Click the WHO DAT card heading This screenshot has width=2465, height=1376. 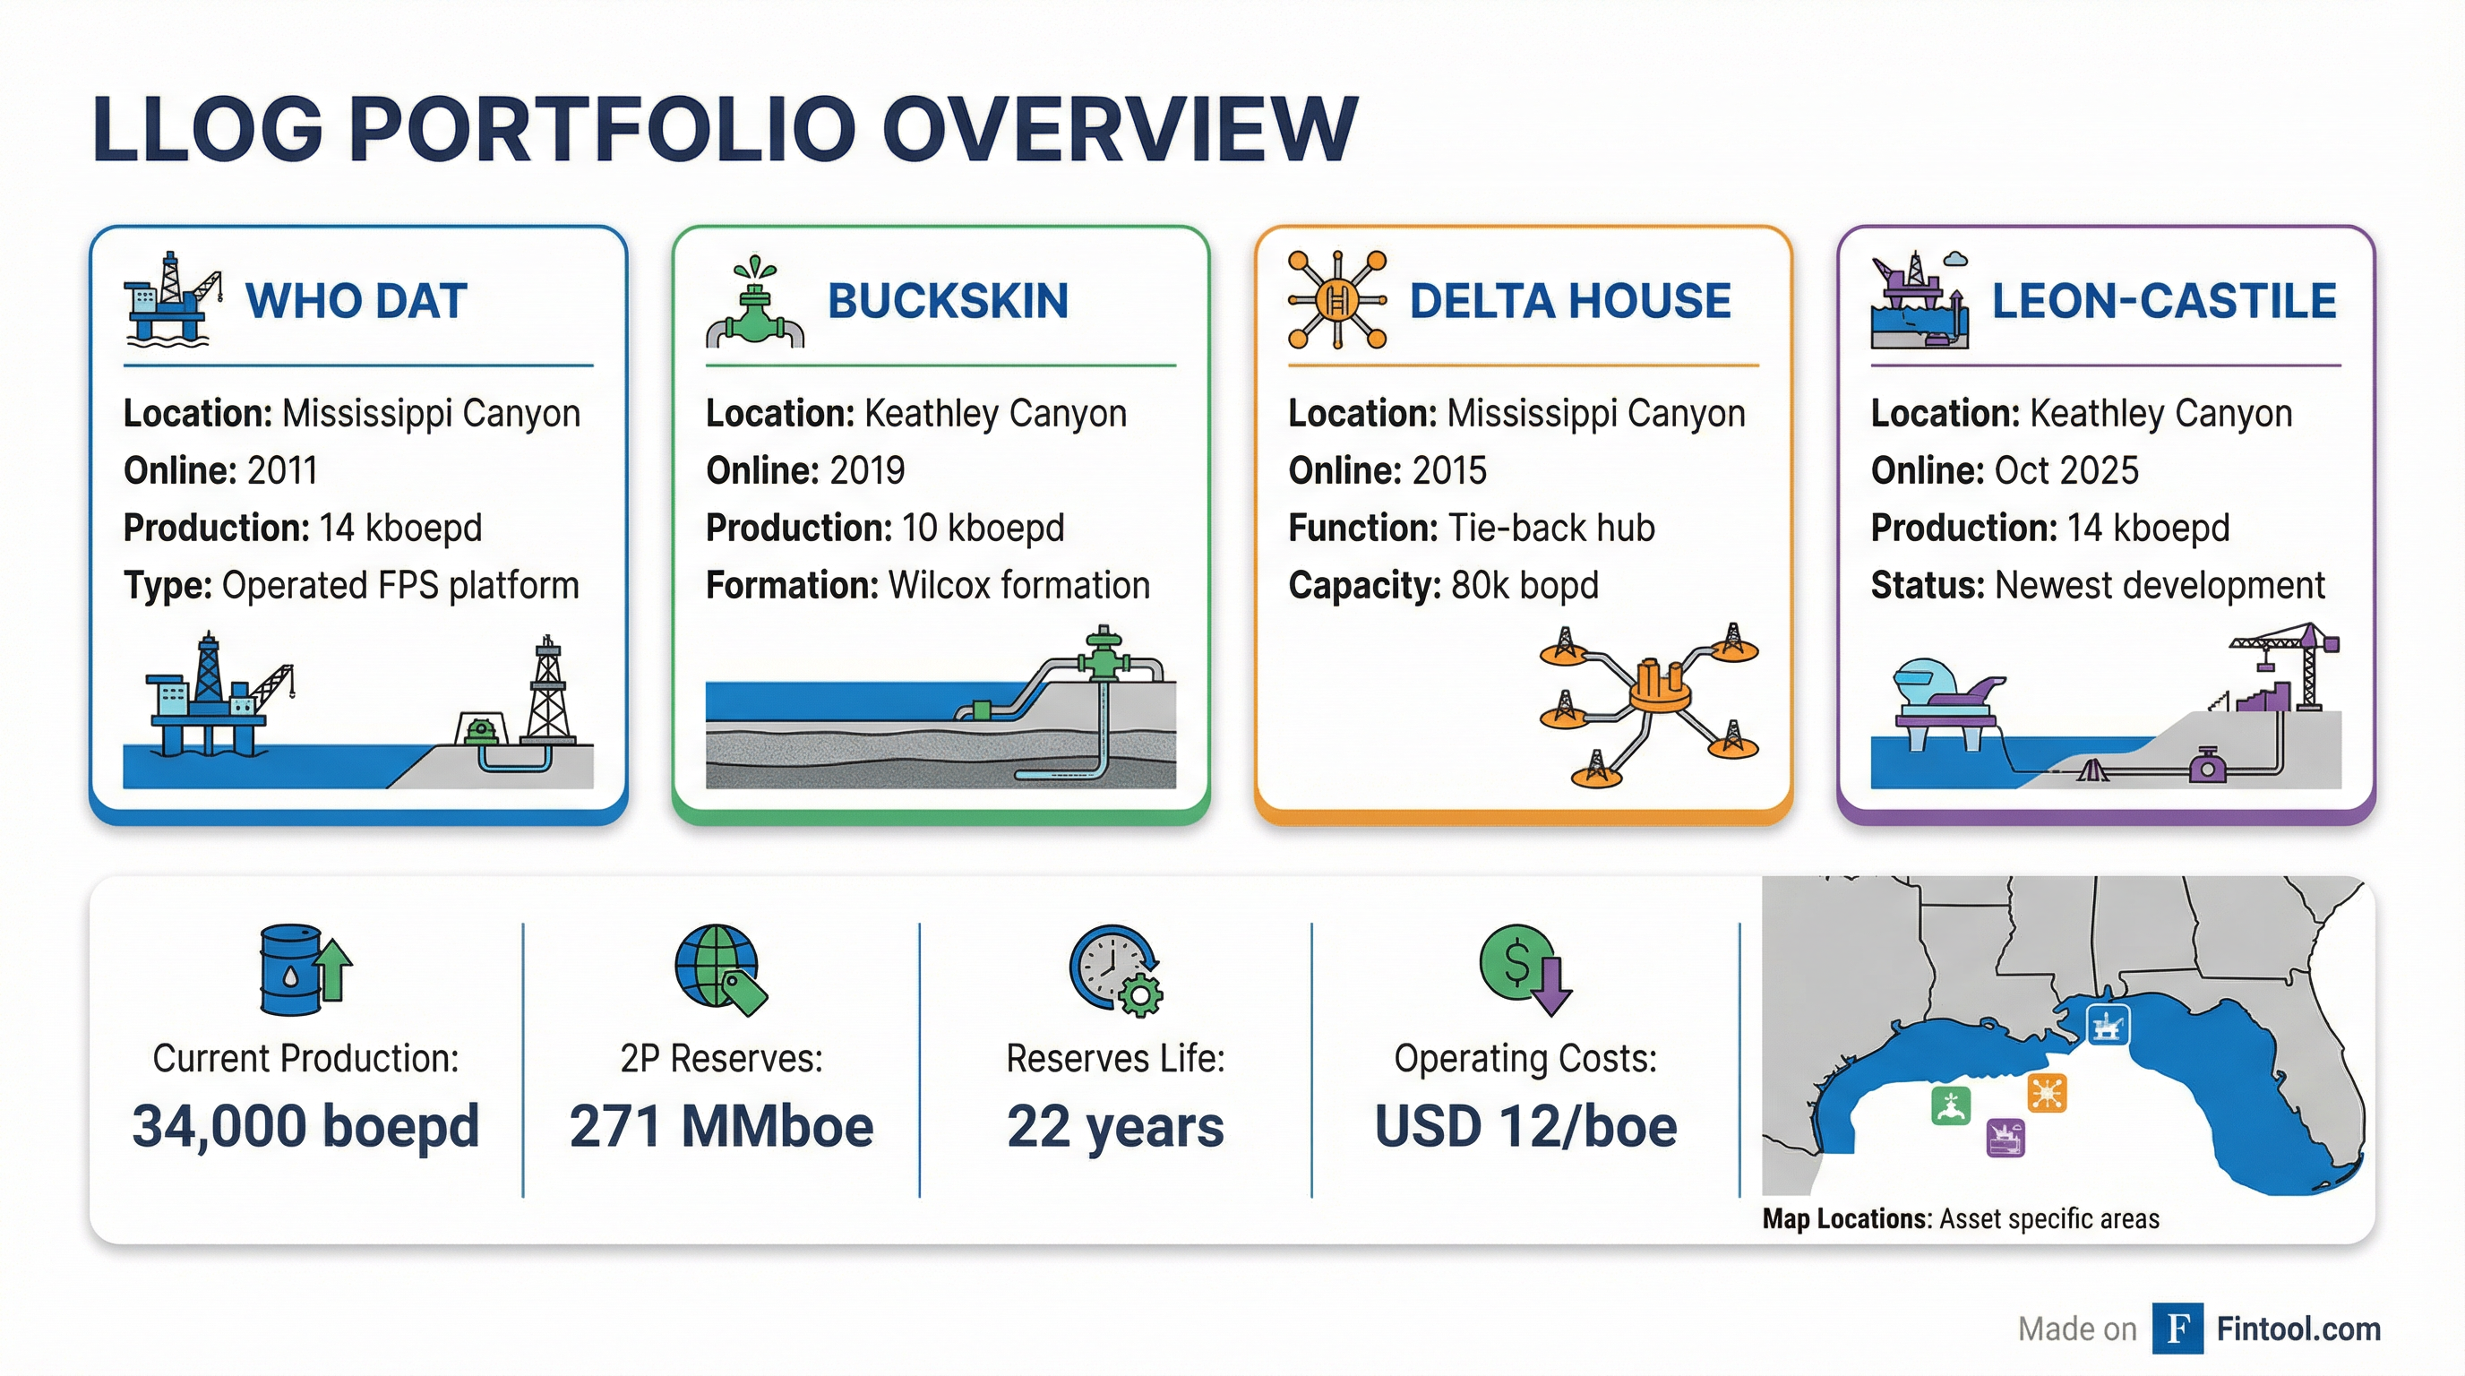coord(356,300)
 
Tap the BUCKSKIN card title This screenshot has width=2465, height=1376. coord(948,300)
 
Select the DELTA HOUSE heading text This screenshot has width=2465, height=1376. coord(1569,300)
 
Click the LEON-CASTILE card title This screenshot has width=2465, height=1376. coord(2163,300)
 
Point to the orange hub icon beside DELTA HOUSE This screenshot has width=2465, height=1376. coord(1336,299)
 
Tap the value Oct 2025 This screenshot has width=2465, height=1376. coord(2066,471)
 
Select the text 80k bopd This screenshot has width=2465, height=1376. coord(1525,586)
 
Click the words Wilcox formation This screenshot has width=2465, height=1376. coord(1019,586)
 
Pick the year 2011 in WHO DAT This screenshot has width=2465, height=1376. coord(282,471)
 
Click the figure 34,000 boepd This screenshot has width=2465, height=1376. coord(305,1125)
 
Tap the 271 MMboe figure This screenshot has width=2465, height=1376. coord(722,1125)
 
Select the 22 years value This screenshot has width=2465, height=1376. coord(1115,1126)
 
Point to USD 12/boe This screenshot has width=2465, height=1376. coord(1525,1125)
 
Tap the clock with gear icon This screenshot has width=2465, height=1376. coord(1116,969)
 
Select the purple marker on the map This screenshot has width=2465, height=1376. coord(2005,1138)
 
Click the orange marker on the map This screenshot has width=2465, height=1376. coord(2047,1093)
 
